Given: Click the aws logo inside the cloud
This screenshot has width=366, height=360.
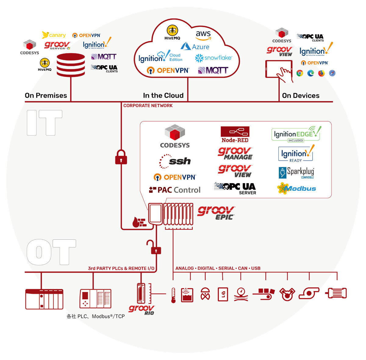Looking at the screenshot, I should pyautogui.click(x=203, y=35).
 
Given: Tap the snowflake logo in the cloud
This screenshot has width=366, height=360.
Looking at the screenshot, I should pyautogui.click(x=213, y=58).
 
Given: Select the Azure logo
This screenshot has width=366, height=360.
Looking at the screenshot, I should pyautogui.click(x=195, y=46).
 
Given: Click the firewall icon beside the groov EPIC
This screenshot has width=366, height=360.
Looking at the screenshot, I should pyautogui.click(x=139, y=222).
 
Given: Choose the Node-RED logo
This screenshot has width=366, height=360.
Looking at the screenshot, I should pyautogui.click(x=235, y=135).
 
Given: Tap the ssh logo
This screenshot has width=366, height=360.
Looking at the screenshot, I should pyautogui.click(x=175, y=161).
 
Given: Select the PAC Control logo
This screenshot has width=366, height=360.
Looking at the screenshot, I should pyautogui.click(x=175, y=190).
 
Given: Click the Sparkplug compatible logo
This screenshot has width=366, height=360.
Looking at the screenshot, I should pyautogui.click(x=296, y=173).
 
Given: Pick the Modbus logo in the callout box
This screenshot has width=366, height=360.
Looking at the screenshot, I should pyautogui.click(x=296, y=188).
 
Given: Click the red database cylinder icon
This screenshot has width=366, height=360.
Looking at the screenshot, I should pyautogui.click(x=71, y=65).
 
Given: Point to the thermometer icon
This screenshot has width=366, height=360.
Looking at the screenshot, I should pyautogui.click(x=173, y=295).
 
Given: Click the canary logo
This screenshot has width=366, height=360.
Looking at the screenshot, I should pyautogui.click(x=54, y=35).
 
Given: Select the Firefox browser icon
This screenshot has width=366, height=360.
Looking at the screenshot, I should pyautogui.click(x=321, y=73).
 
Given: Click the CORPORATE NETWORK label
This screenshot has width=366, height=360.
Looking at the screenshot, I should pyautogui.click(x=148, y=106).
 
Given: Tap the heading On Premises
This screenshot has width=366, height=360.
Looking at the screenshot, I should pyautogui.click(x=46, y=95).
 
